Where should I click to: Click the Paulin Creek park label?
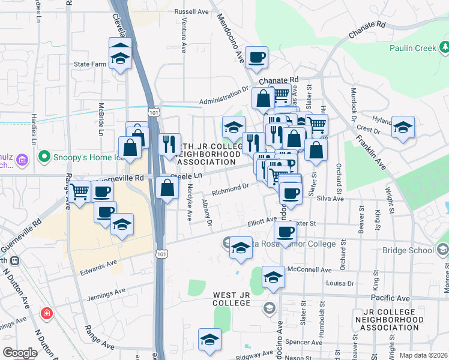point(412,48)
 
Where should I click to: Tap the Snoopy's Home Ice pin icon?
point(43,158)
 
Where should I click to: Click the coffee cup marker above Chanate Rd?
point(256,58)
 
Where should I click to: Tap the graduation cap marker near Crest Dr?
point(403,128)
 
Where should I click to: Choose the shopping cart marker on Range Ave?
point(79,193)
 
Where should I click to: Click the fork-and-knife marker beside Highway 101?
point(170,144)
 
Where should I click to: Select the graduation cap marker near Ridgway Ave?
point(209,340)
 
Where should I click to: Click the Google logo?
point(20,352)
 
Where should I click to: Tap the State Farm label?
point(89,64)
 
